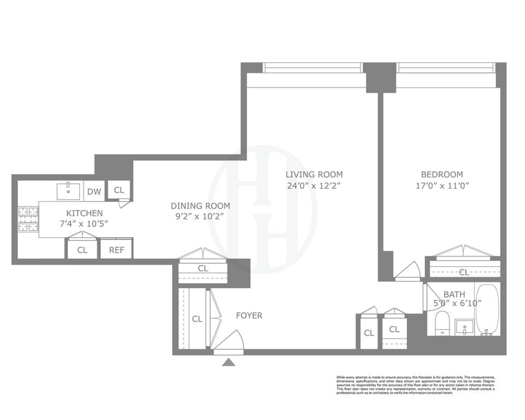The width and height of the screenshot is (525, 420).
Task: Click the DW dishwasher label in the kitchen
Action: [93, 191]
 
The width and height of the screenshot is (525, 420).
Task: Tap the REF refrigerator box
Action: [116, 250]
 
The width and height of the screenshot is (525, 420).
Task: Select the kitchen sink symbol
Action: [69, 191]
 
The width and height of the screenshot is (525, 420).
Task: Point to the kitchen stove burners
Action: [28, 219]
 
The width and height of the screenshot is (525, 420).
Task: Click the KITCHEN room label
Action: [84, 213]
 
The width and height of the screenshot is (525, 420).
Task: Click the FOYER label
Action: [249, 315]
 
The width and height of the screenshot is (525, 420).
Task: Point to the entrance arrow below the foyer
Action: [228, 362]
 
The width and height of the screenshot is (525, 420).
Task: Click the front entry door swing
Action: [230, 340]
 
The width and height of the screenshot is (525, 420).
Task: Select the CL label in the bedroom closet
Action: [464, 272]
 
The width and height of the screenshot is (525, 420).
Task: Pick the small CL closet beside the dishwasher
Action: [119, 190]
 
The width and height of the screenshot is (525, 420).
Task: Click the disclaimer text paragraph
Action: [415, 385]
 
